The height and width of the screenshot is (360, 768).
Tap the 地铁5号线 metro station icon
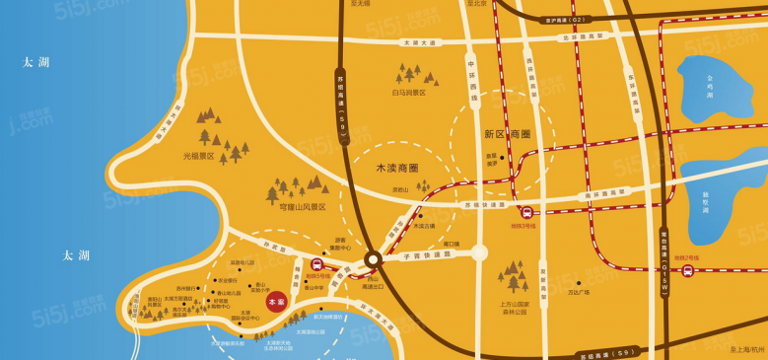(317, 263)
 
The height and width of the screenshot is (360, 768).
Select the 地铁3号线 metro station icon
(526, 212)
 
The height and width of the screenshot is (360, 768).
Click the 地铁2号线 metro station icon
(687, 269)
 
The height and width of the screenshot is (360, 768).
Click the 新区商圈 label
(507, 134)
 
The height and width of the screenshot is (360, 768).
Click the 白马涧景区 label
(408, 93)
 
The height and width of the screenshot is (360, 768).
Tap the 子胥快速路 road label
(426, 253)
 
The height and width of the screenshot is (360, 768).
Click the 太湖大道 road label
(418, 43)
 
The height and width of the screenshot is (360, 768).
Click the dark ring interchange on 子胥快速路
(373, 259)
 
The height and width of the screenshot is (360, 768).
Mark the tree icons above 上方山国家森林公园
(513, 276)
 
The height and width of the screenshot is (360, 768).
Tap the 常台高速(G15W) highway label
(663, 252)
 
